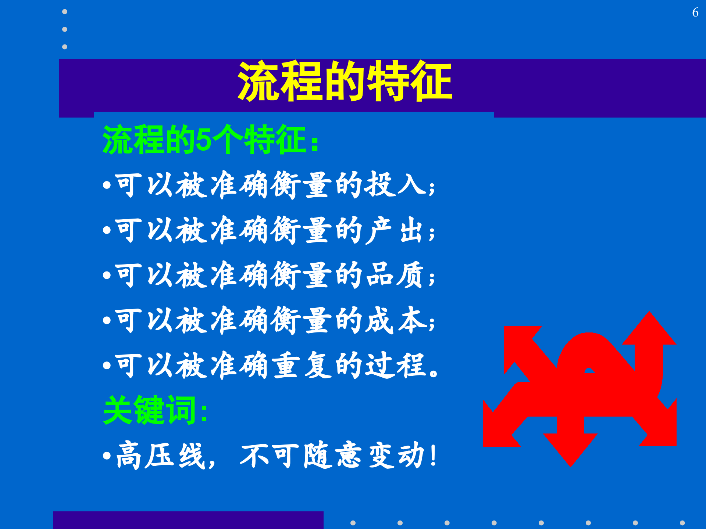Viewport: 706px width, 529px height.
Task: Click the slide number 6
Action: click(x=695, y=12)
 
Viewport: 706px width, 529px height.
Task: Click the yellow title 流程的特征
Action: click(x=345, y=81)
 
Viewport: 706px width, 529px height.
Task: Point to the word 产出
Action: click(x=395, y=230)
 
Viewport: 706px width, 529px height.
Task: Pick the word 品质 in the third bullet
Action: click(x=395, y=276)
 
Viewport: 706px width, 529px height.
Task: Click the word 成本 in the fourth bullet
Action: click(x=395, y=321)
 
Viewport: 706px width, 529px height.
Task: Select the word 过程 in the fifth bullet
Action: click(x=395, y=366)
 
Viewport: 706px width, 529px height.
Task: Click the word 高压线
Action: click(x=160, y=456)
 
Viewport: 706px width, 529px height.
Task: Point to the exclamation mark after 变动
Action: click(x=434, y=456)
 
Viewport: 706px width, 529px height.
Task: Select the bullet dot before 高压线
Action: click(x=107, y=456)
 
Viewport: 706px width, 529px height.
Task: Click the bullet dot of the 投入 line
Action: click(x=107, y=185)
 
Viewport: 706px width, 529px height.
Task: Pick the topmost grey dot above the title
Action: click(x=65, y=12)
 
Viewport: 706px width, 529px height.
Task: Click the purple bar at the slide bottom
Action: click(x=188, y=520)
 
